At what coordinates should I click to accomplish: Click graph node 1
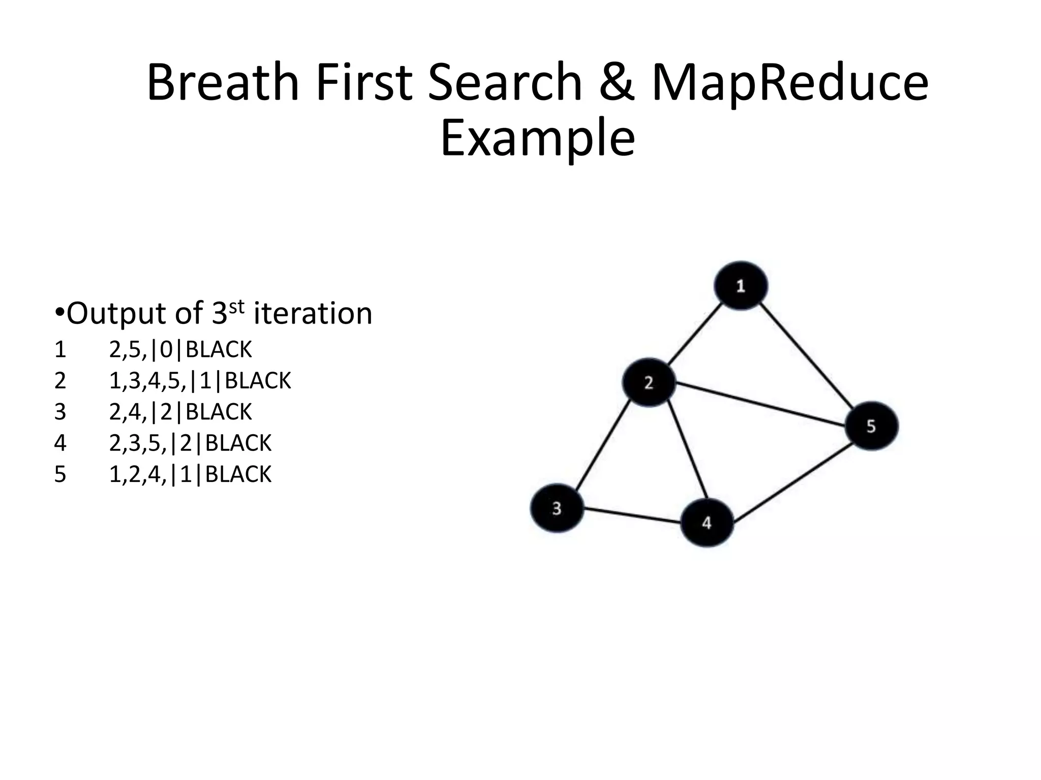741,285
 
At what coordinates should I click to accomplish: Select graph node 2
649,382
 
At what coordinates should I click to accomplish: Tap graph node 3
557,508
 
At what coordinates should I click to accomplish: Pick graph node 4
707,523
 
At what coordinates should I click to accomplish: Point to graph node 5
871,426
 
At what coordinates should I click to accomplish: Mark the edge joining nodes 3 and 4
632,515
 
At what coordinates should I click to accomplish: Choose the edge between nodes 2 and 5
760,404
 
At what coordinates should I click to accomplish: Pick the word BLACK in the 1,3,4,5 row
258,381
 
